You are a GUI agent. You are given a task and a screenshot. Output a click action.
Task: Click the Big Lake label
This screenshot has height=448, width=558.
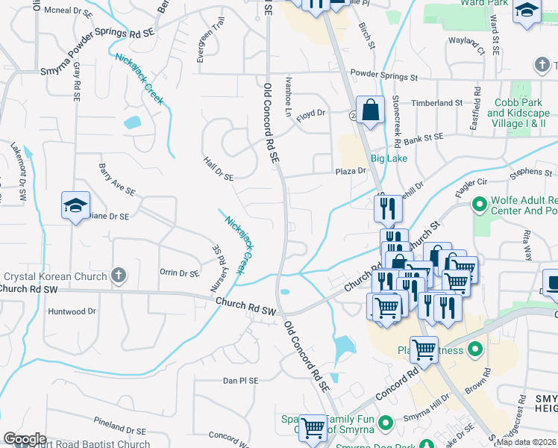click(389, 159)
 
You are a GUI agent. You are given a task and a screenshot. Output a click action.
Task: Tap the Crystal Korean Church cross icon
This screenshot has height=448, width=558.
click(118, 276)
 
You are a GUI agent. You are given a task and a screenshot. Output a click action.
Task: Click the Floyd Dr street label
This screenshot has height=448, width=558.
click(312, 113)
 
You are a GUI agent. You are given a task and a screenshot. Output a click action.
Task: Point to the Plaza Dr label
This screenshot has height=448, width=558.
click(350, 171)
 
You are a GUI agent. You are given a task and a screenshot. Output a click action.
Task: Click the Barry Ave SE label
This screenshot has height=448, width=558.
click(117, 180)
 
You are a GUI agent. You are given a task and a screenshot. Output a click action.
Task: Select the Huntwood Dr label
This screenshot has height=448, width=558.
click(72, 311)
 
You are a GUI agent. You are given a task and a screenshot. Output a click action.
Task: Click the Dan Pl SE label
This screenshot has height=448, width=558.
click(240, 380)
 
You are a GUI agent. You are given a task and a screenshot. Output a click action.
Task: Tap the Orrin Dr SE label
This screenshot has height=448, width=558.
click(179, 273)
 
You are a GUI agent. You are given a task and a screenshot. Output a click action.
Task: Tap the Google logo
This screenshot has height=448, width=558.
click(25, 439)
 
